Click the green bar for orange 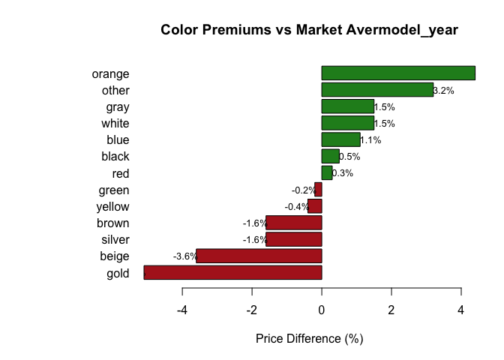point(398,73)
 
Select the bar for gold point(232,272)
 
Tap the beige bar point(259,256)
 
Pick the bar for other point(377,90)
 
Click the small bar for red point(326,172)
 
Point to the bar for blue point(340,139)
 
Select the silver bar point(293,239)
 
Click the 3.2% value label point(444,91)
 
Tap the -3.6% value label point(184,256)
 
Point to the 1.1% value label point(370,140)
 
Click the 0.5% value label point(349,157)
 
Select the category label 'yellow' point(112,207)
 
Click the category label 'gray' point(118,106)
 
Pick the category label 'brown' point(113,223)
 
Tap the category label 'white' point(115,123)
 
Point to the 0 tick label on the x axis point(322,310)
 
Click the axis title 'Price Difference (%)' point(309,339)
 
